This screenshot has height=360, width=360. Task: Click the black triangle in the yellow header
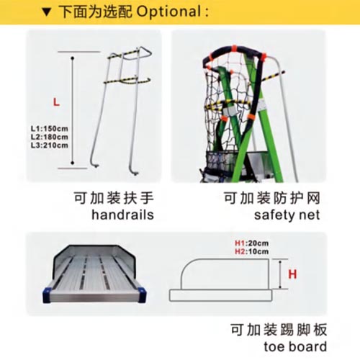tap(47, 12)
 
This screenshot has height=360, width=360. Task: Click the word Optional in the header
tap(168, 12)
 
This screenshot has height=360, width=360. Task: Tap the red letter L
tap(56, 102)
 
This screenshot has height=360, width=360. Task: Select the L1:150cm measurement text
tap(50, 128)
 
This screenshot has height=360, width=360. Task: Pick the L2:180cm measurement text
tap(50, 137)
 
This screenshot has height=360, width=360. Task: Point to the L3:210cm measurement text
tap(50, 145)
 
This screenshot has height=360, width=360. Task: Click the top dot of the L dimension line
tap(73, 58)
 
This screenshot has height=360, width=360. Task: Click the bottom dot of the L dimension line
tap(73, 163)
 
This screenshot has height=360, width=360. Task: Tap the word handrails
tap(122, 215)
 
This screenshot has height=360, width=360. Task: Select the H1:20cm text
tap(251, 243)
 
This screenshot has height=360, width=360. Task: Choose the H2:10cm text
tap(251, 251)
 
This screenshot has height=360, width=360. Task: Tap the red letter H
tap(292, 274)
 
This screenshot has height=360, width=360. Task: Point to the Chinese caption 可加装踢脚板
tap(279, 330)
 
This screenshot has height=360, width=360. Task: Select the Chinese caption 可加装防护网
tap(272, 198)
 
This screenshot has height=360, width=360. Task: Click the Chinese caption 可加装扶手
tap(114, 198)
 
